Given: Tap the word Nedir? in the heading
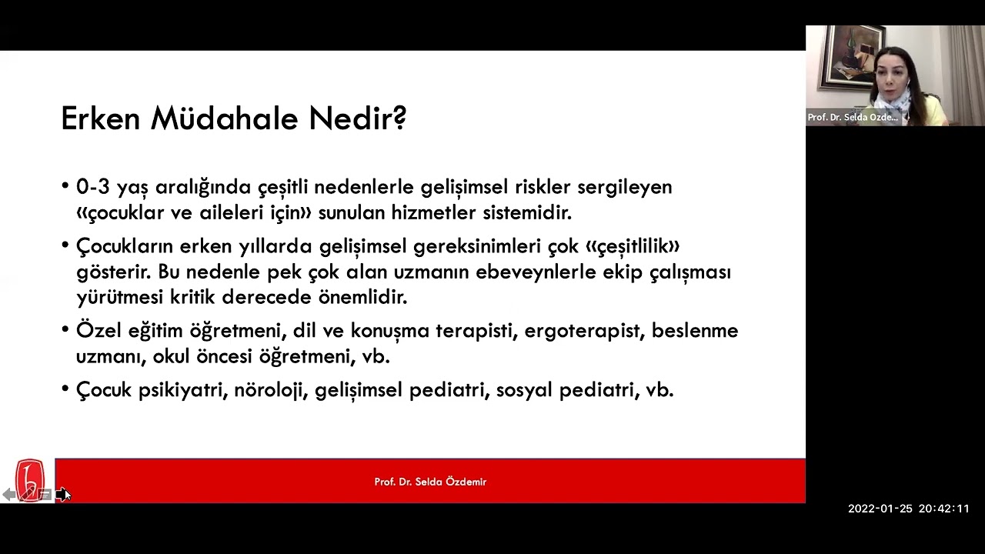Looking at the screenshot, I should coord(357,118).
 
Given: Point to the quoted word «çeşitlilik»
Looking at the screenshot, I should coord(633,246).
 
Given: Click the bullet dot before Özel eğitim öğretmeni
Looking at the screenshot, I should coord(65,331).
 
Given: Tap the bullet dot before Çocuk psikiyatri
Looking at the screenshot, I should coord(65,390).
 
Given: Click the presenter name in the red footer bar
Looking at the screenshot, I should coord(430,482).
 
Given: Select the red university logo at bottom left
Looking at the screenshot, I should coord(30,480).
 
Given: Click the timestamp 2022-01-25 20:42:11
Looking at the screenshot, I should coord(908,509).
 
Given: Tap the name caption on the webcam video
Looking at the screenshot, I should coord(852,118).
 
